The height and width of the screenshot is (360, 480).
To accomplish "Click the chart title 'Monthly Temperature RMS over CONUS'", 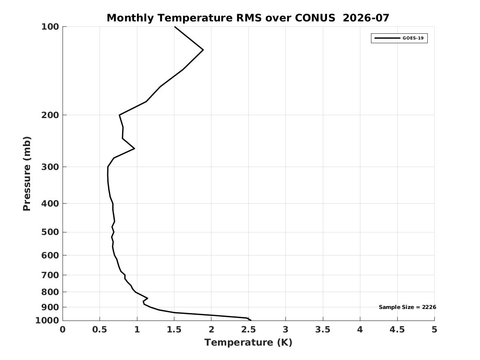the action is (x=221, y=18).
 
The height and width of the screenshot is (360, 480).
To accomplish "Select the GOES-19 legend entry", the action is (x=399, y=38).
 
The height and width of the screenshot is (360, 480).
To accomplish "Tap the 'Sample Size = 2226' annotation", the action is (x=407, y=307).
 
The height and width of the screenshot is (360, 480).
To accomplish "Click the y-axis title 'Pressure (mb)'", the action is (x=27, y=174).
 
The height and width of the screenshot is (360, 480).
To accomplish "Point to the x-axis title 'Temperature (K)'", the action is (x=248, y=342).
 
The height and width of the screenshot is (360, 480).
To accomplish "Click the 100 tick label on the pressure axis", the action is (x=50, y=27).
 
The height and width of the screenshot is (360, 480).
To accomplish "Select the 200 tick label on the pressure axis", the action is (x=50, y=115).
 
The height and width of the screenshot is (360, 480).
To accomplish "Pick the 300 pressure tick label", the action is (x=50, y=167).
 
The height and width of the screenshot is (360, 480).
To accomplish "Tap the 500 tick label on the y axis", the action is (x=50, y=232).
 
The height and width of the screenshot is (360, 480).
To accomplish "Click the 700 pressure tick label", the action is (x=50, y=275).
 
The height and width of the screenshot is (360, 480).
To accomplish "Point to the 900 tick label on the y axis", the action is (x=50, y=307).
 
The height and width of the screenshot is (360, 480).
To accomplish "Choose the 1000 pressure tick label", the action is (x=47, y=321).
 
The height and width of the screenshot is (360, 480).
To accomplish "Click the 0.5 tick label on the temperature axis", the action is (x=100, y=330).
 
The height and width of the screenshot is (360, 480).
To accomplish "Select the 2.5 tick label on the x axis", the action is (x=248, y=330).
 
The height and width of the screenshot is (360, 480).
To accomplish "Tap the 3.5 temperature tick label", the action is (x=323, y=330).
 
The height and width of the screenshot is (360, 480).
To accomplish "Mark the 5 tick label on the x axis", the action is (x=434, y=330).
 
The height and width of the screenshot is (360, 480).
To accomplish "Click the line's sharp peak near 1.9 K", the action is (x=203, y=50).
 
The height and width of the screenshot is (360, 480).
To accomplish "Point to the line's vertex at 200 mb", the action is (x=119, y=115).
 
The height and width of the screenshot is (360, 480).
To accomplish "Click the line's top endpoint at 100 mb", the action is (x=174, y=27).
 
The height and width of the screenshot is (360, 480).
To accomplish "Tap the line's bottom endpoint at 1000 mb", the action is (x=251, y=320).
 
